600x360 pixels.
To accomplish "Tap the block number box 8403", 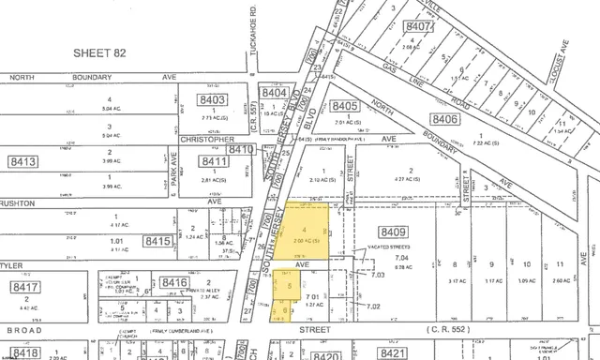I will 212,99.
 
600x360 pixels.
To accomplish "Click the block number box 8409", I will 393,231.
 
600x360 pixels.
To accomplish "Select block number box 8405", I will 345,106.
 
